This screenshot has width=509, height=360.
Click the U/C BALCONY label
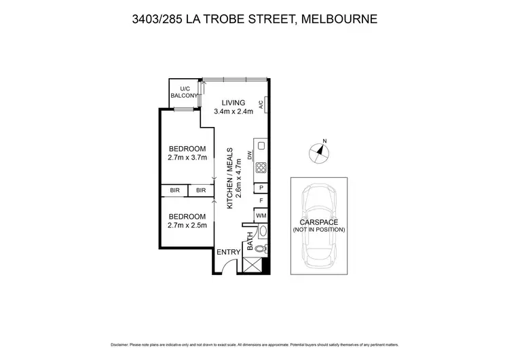[185, 92]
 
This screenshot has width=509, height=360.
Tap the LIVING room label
[233, 103]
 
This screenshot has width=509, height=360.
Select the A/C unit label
[261, 105]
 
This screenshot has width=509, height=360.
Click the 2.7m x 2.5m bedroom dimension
[187, 223]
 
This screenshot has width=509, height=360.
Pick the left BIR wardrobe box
[174, 191]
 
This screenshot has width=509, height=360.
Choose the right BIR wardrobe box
[201, 191]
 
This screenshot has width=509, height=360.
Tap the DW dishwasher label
[250, 155]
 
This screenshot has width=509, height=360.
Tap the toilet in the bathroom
[260, 248]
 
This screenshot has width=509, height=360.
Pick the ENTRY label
[228, 253]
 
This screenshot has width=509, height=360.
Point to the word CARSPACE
[318, 221]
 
